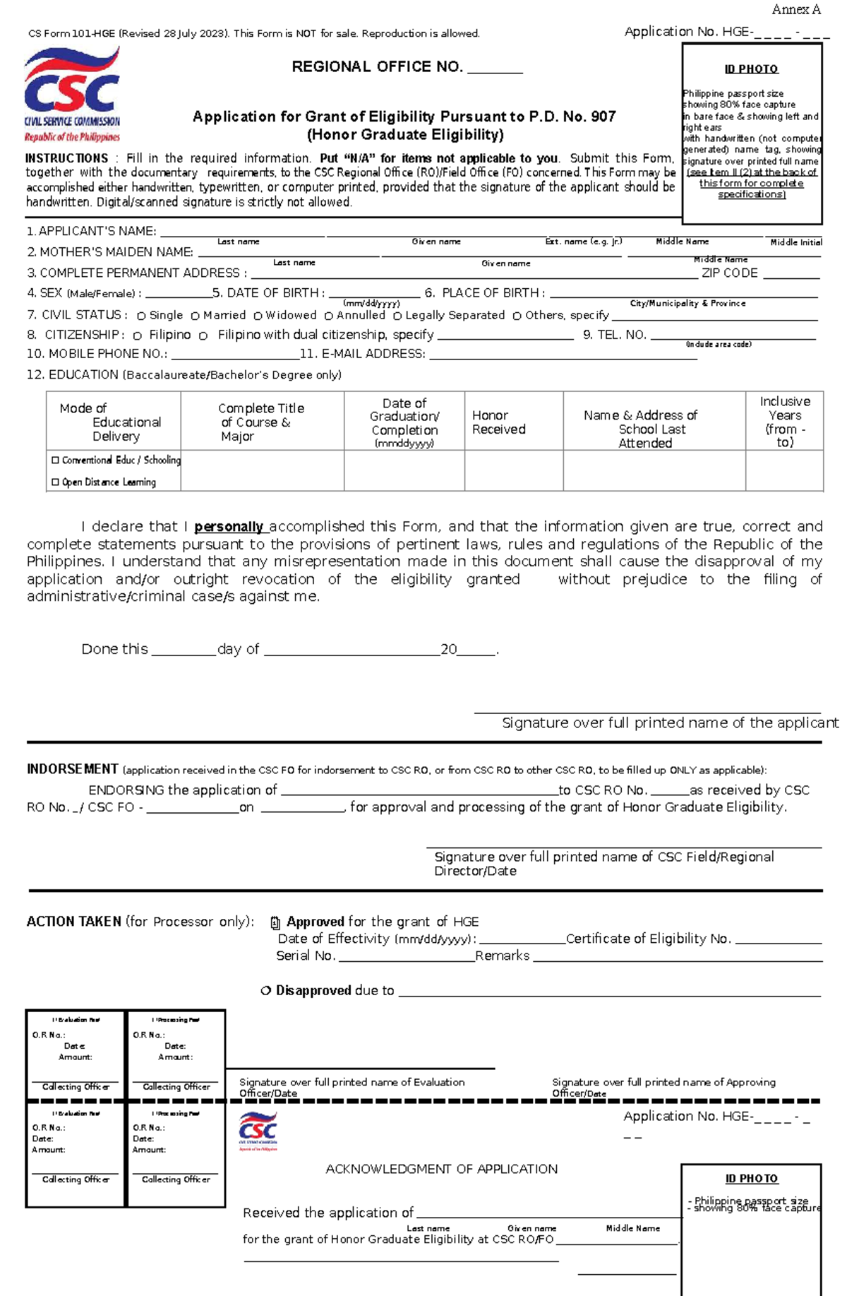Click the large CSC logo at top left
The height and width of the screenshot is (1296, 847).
click(72, 95)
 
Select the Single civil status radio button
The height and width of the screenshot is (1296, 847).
click(141, 316)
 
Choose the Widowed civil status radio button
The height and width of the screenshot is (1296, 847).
click(258, 316)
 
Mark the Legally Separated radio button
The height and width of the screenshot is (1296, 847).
click(397, 316)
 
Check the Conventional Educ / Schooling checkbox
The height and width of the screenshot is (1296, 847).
click(55, 460)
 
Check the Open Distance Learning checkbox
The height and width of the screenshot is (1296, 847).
click(55, 482)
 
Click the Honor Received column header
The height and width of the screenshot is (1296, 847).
click(498, 422)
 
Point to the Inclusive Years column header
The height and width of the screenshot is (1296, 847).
click(785, 422)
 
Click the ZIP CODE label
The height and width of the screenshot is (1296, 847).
click(729, 273)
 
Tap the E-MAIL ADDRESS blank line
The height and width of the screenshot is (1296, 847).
click(563, 357)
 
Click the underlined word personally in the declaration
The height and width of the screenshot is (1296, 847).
click(229, 527)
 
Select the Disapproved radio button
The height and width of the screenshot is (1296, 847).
click(266, 991)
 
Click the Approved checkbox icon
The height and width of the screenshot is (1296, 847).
click(275, 922)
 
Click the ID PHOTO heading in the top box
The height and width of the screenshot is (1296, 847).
click(751, 69)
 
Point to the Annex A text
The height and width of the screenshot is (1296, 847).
click(795, 10)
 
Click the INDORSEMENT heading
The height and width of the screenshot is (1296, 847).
click(72, 769)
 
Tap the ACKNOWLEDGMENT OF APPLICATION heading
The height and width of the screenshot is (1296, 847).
click(441, 1170)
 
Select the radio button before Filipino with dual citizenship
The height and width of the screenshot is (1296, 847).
click(203, 336)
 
